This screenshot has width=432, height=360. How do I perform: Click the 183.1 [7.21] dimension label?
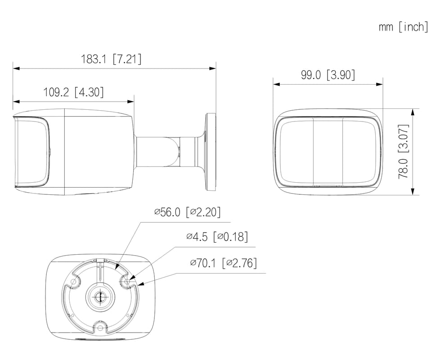point(111,59)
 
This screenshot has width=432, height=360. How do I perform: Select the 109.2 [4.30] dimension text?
point(73,92)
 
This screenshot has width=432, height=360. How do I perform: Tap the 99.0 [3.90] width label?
point(328,75)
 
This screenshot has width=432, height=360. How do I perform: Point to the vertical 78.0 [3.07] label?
point(404,152)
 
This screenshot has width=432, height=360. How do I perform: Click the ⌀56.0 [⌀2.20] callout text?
point(187,212)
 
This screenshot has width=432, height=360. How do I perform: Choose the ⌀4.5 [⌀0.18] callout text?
point(217,237)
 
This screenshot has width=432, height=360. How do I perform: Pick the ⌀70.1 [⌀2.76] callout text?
point(224,263)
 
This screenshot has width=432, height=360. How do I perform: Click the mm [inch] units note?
point(403,27)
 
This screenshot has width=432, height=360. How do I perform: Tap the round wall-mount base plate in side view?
point(211,152)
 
